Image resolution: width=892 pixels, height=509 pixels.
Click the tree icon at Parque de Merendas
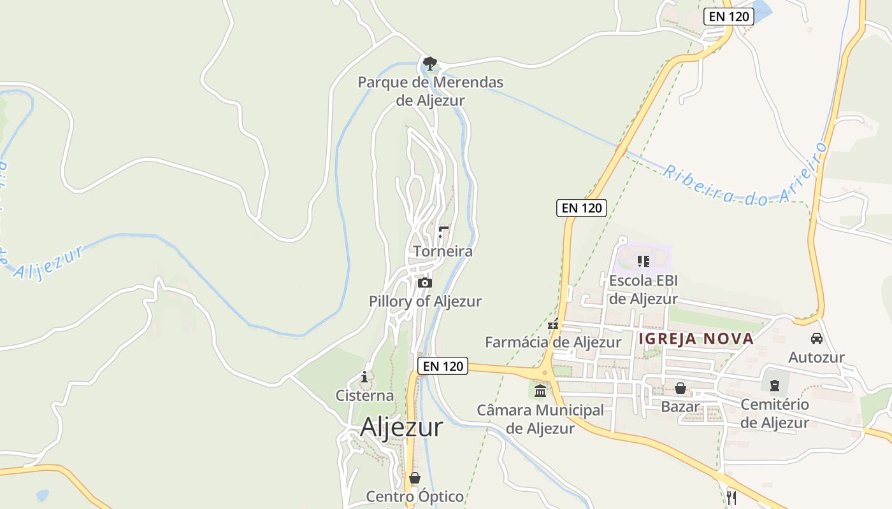pos(430,63)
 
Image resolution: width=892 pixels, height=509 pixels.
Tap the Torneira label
pos(443,251)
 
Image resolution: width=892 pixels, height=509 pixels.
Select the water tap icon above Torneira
pos(443,232)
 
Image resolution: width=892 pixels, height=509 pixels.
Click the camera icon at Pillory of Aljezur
pos(425,282)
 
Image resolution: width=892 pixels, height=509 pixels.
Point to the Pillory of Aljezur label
pos(425,301)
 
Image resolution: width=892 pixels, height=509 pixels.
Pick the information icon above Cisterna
pos(364,377)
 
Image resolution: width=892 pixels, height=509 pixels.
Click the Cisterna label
pos(364,395)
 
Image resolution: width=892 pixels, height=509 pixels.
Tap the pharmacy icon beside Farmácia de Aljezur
pos(553,324)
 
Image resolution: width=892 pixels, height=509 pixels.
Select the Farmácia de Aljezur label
pos(553,342)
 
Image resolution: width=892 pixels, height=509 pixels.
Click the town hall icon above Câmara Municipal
pos(540,390)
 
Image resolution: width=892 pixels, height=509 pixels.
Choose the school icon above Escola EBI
pos(644,261)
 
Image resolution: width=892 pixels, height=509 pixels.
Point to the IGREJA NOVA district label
pos(696,338)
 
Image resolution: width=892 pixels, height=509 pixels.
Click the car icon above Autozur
pos(816,338)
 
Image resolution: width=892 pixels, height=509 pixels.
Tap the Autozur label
pos(816,358)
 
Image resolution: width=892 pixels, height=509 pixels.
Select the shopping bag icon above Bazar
pos(680,388)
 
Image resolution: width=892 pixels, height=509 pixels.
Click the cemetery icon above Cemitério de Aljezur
pos(775,385)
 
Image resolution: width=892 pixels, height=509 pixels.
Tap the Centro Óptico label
pos(415,496)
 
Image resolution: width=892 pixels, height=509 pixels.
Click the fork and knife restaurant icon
pos(731,497)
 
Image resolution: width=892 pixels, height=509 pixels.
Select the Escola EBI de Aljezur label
pos(644,289)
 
